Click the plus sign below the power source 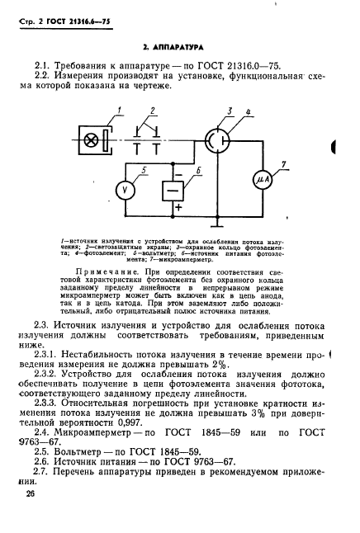(x=175, y=209)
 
